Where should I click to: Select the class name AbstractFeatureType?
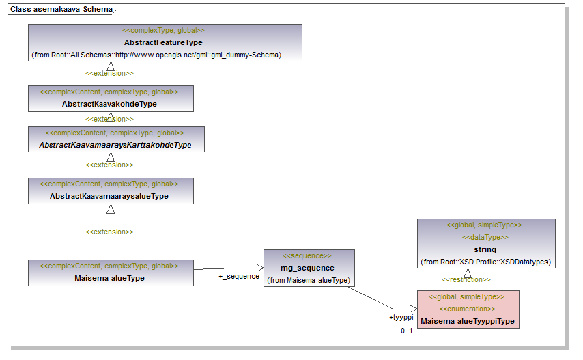[x=163, y=42]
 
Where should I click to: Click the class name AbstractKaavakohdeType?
[x=109, y=104]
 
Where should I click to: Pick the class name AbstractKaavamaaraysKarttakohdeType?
[x=115, y=145]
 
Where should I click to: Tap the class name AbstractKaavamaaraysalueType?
[x=109, y=196]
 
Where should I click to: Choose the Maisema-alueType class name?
[x=109, y=278]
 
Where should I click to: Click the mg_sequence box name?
[x=307, y=268]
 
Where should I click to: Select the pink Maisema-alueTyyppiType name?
[x=468, y=321]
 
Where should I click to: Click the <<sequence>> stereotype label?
[x=307, y=255]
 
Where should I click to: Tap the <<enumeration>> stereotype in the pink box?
[x=468, y=309]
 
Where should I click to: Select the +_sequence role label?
[x=239, y=276]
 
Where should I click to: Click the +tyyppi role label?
[x=401, y=318]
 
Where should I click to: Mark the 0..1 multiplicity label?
[x=407, y=331]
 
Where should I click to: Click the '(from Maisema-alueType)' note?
[x=307, y=280]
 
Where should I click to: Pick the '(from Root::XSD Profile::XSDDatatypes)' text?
[x=485, y=262]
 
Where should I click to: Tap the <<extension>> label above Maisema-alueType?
[x=109, y=232]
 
